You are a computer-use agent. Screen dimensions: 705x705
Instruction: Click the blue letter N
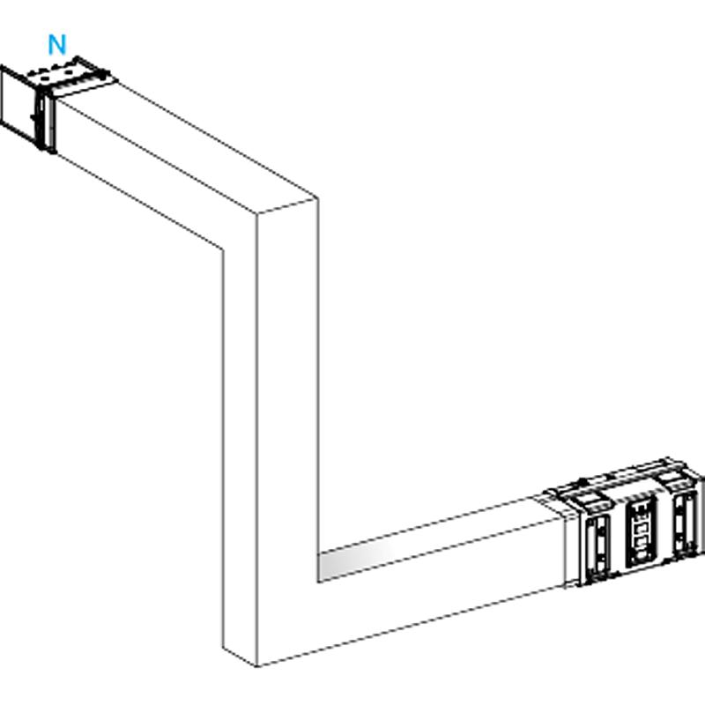57,45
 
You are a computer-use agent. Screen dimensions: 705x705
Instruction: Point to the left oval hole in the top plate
46,77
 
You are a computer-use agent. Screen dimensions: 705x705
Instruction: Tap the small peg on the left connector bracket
33,117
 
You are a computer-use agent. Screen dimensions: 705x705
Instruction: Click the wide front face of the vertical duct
288,404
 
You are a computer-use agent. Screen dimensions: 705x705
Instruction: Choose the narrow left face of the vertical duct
240,449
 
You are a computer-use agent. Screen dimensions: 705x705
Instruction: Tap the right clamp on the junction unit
685,523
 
